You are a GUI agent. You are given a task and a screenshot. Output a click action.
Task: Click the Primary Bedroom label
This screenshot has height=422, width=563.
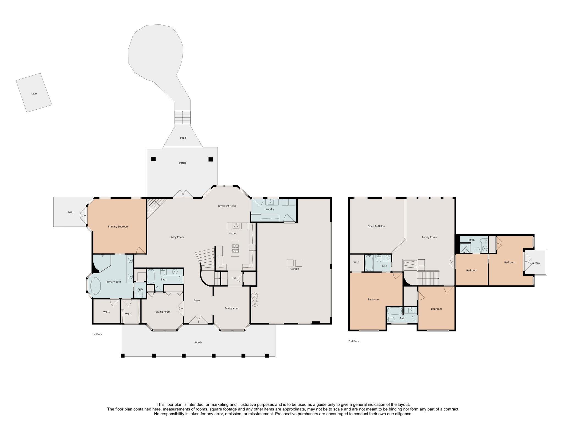tap(118, 227)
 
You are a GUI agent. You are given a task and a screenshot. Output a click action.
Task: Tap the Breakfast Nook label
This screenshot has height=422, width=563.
tap(227, 206)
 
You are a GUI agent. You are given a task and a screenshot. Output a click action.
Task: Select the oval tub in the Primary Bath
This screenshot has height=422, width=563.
tap(96, 286)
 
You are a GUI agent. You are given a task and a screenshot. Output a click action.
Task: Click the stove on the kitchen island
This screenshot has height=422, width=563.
tap(235, 248)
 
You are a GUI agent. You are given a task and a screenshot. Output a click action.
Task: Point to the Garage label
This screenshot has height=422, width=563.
tap(294, 269)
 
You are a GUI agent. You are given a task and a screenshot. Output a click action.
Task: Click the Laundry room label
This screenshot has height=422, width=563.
tap(269, 209)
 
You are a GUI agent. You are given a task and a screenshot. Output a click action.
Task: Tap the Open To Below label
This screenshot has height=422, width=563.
tap(376, 226)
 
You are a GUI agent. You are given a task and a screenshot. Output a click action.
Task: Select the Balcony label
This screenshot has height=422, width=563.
tap(535, 263)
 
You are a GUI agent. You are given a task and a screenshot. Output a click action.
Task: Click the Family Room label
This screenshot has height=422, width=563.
tap(429, 237)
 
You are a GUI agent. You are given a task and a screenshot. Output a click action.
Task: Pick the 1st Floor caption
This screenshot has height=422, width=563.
tap(97, 334)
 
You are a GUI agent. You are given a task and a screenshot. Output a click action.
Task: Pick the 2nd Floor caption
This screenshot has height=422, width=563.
tap(354, 341)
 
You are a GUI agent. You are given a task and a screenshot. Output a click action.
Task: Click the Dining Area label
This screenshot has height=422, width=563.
tap(231, 309)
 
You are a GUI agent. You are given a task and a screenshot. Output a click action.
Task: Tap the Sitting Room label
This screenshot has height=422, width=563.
tap(163, 312)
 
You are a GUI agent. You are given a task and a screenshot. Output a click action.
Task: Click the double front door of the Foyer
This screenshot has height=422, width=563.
tap(198, 320)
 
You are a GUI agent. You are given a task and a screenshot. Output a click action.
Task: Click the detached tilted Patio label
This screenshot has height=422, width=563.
tap(34, 94)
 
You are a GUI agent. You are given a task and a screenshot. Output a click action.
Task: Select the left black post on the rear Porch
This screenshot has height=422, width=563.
tap(153, 159)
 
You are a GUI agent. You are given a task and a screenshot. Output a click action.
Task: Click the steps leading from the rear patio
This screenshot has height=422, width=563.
tap(183, 118)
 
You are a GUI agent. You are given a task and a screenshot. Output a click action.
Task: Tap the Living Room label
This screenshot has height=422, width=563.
tap(177, 237)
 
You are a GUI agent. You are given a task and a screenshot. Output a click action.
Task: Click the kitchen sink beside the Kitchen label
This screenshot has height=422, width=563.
tap(236, 226)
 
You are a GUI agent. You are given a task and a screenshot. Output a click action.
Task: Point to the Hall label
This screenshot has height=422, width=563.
tap(234, 278)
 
